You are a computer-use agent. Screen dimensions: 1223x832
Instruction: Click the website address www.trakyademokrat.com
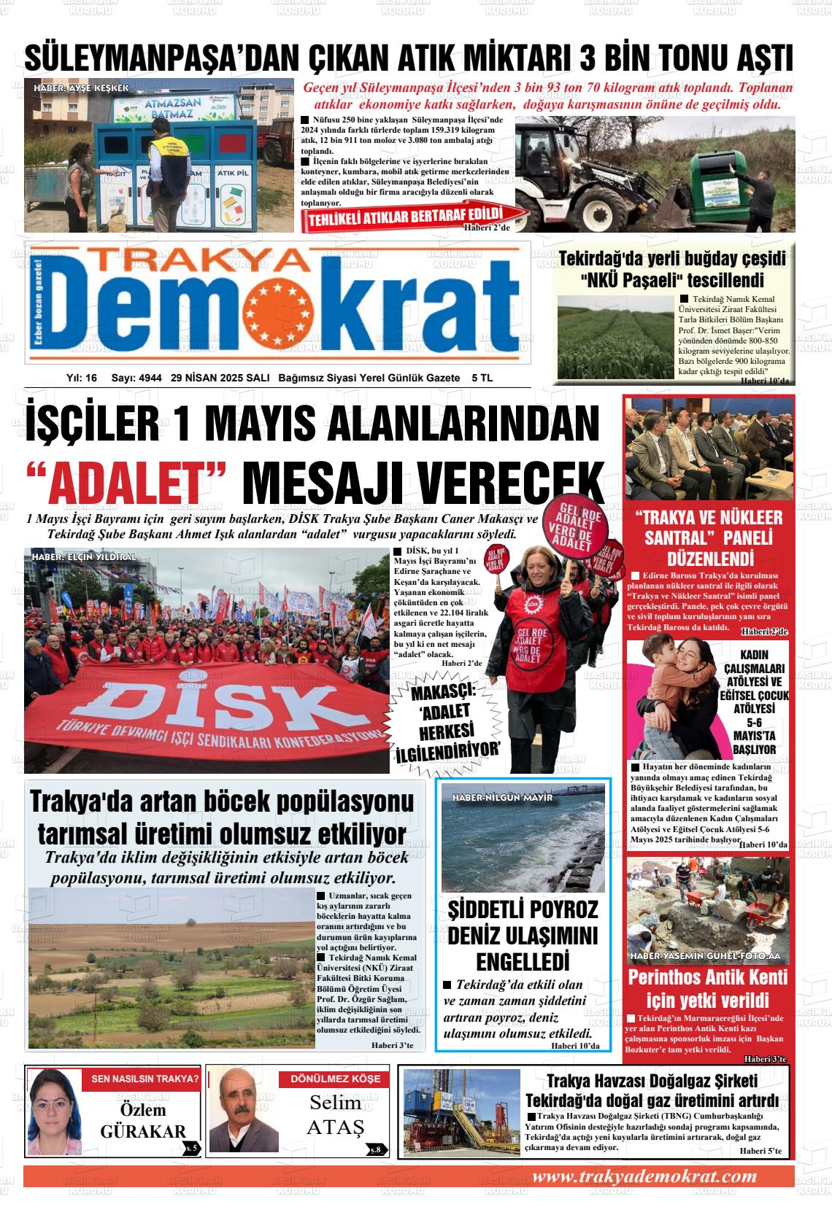coord(644,1177)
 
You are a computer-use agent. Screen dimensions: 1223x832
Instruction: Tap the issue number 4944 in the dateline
coord(150,378)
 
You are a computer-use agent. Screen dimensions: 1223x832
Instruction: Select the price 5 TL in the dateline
coord(482,378)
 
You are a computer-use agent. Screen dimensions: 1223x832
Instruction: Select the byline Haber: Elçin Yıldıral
coord(84,557)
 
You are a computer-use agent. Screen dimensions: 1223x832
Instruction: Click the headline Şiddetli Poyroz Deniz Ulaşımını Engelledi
coord(523,934)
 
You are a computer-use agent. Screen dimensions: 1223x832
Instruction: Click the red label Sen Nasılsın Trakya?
coord(145,1079)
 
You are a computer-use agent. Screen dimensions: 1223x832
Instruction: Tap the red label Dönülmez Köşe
coord(335,1079)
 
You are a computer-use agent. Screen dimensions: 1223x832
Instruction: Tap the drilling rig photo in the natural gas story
coord(462,1111)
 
